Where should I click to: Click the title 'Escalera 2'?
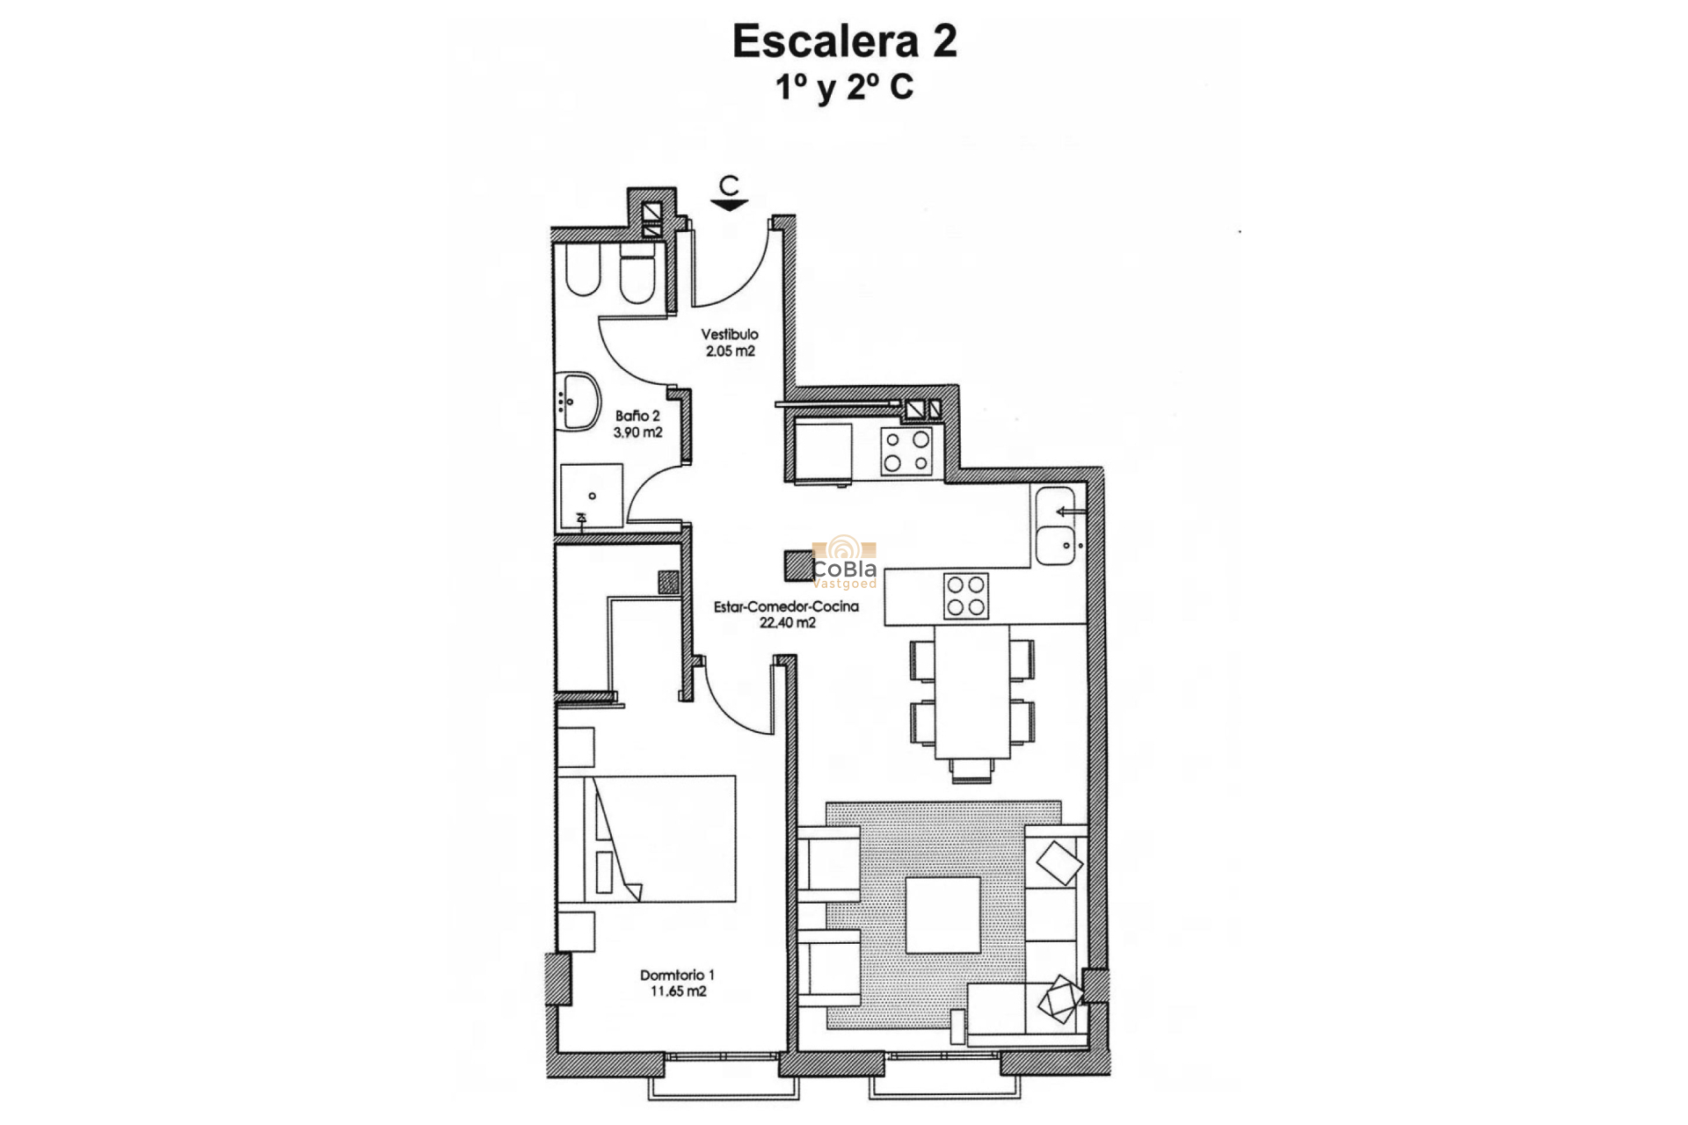point(844,41)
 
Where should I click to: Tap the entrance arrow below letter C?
point(729,205)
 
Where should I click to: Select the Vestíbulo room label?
point(729,334)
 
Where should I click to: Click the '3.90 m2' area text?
point(637,432)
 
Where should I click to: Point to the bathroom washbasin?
point(578,402)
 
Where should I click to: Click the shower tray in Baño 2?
point(592,497)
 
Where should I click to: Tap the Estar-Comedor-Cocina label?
point(786,606)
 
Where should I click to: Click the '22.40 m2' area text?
point(787,623)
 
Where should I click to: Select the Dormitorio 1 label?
point(677,975)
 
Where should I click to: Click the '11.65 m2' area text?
point(677,991)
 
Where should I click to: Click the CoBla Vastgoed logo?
point(845,562)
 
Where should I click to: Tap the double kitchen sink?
point(1056,526)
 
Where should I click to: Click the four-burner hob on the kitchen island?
point(965,596)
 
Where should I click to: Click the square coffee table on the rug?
point(942,915)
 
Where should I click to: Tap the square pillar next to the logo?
point(799,565)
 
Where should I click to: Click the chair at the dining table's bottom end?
point(972,771)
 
